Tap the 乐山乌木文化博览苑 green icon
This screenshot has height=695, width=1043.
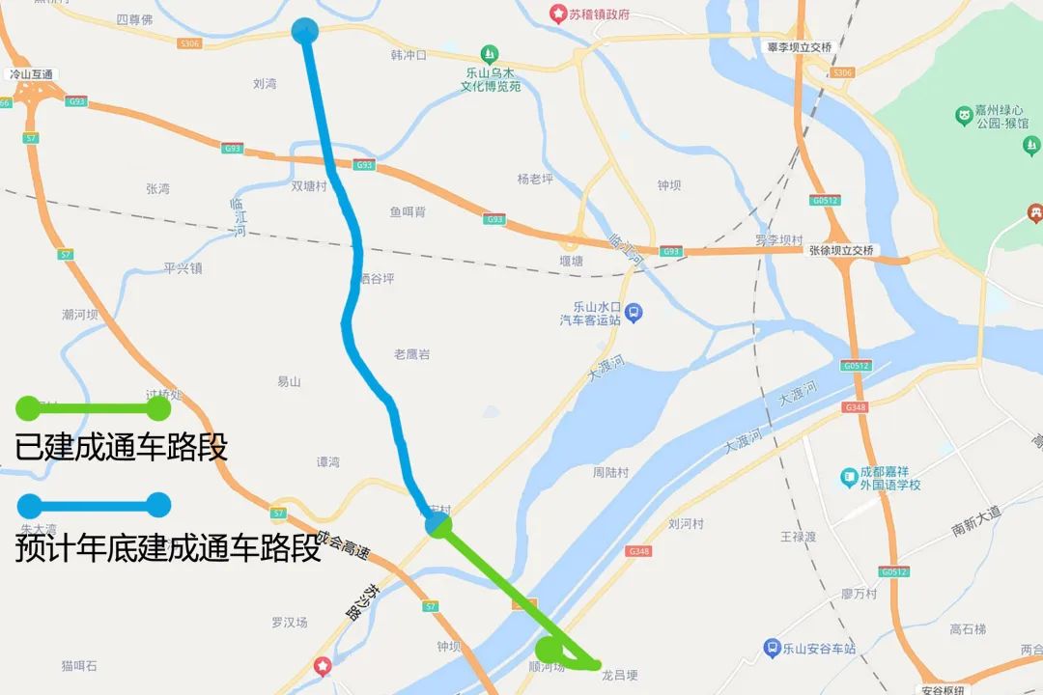coord(491,53)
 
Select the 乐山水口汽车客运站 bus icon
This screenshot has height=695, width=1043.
coord(634,312)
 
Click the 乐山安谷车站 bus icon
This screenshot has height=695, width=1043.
coord(772,648)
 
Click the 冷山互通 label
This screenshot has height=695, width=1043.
coord(31,74)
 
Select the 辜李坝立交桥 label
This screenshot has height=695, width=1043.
coord(799,46)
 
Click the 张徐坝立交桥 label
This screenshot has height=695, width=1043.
coord(841,250)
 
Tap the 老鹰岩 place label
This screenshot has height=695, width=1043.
coord(411,354)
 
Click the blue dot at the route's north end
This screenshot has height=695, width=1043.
coord(304,31)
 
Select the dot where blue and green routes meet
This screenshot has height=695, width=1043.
coord(437,525)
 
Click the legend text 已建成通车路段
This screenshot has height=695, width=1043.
coord(121,448)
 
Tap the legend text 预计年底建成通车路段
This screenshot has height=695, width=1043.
coord(167,549)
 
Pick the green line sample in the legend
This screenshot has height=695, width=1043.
coord(94,408)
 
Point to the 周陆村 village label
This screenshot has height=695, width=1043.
coord(610,473)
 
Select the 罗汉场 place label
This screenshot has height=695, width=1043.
coord(289,623)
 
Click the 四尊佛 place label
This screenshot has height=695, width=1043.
coord(134,19)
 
